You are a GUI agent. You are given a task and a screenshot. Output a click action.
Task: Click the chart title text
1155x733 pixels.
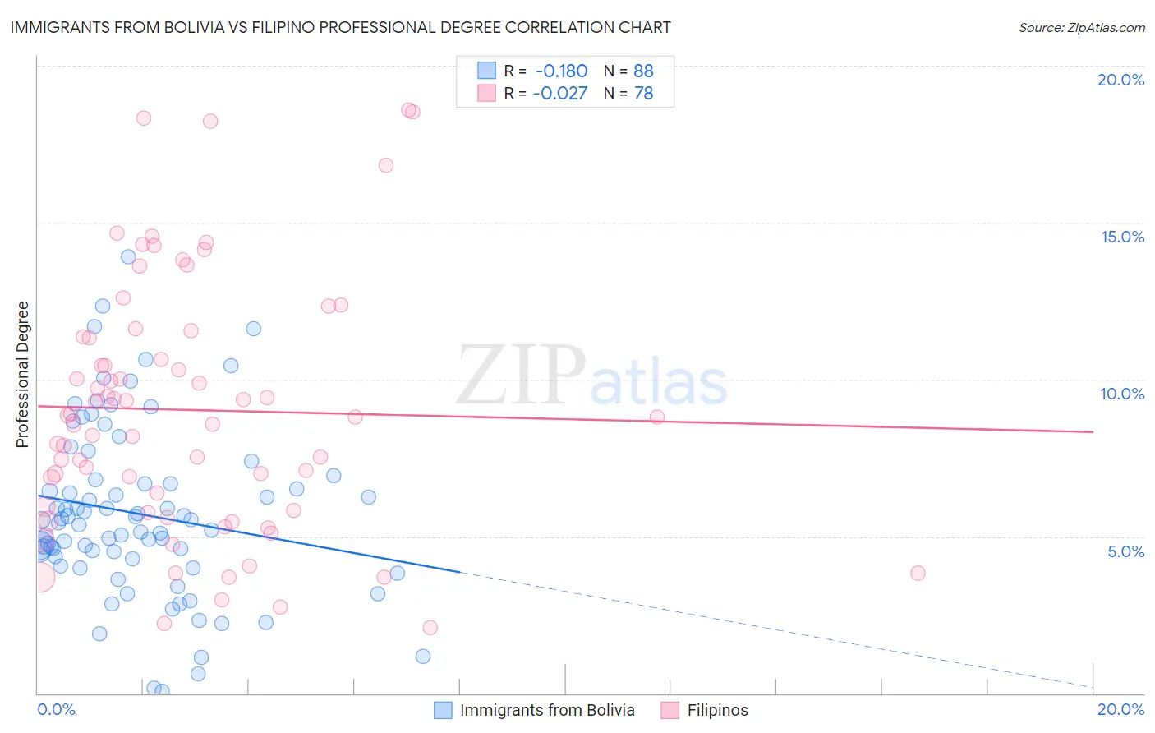tap(340, 27)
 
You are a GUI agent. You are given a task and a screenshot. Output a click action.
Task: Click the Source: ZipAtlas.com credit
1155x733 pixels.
tap(1081, 27)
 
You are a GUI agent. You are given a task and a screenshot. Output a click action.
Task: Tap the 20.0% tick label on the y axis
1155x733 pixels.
tap(1120, 80)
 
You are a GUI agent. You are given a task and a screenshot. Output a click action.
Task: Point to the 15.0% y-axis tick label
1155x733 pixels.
tap(1122, 237)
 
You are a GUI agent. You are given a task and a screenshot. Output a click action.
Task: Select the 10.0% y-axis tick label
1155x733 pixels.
tap(1122, 394)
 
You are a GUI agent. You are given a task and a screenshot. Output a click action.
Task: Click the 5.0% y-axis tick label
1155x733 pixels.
tap(1125, 551)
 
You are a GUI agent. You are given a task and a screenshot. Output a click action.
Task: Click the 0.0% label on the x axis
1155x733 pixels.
tap(57, 709)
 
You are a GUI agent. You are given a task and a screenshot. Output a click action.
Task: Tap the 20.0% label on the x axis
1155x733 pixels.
tap(1120, 709)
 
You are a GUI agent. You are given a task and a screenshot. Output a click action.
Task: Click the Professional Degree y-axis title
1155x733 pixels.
tap(22, 375)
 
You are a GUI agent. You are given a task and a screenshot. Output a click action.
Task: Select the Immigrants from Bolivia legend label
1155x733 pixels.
tap(547, 710)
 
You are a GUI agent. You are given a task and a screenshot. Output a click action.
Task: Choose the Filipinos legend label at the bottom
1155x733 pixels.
tap(717, 710)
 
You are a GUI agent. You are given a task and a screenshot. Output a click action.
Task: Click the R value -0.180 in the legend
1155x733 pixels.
tap(561, 71)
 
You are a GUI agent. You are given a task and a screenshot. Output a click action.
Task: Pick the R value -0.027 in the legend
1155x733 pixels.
tap(560, 94)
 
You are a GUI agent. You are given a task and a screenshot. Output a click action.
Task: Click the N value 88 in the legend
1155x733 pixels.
tap(643, 71)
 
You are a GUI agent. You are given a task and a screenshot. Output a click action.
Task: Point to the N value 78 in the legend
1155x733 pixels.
tap(643, 94)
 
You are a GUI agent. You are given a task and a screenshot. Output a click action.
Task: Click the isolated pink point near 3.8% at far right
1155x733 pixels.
tap(918, 573)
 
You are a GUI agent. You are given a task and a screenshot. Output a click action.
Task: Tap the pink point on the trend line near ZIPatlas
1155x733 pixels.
tap(656, 417)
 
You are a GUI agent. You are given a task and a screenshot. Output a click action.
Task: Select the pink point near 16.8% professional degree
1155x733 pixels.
tap(386, 165)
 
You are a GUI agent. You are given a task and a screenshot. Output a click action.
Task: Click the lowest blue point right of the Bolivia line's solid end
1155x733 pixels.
tap(423, 656)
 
